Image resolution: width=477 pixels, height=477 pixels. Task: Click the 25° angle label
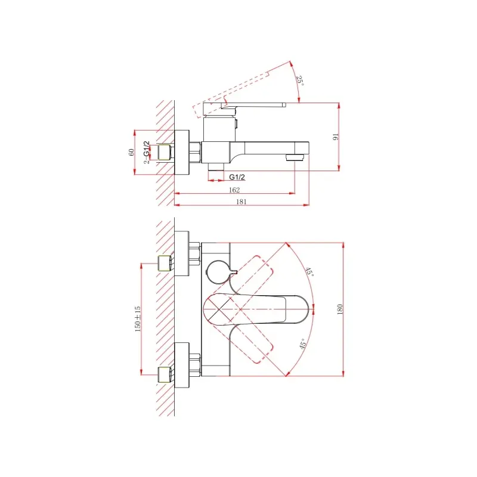pyautogui.click(x=300, y=80)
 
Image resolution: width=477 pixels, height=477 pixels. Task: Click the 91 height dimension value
pyautogui.click(x=336, y=137)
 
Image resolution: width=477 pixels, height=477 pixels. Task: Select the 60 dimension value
pyautogui.click(x=131, y=152)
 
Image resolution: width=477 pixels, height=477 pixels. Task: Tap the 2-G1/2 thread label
pyautogui.click(x=147, y=153)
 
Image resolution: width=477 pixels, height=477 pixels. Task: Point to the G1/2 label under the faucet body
pyautogui.click(x=237, y=176)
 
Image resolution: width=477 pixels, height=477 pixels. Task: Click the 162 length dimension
pyautogui.click(x=234, y=190)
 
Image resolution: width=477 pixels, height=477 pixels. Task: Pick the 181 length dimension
pyautogui.click(x=241, y=202)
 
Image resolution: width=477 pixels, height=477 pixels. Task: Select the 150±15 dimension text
pyautogui.click(x=138, y=319)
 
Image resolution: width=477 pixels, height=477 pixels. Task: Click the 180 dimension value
pyautogui.click(x=340, y=309)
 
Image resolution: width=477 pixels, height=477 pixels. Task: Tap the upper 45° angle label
pyautogui.click(x=309, y=271)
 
